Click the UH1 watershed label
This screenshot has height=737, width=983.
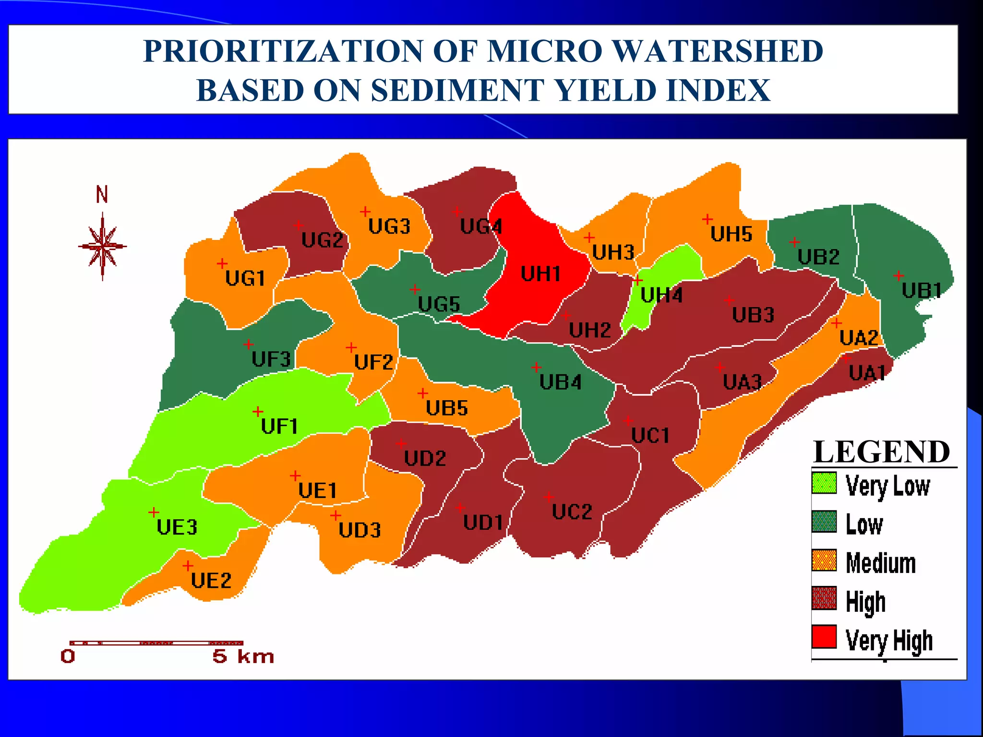pyautogui.click(x=540, y=274)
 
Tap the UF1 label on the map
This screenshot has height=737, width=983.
pyautogui.click(x=279, y=426)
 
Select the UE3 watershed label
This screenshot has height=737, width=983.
pyautogui.click(x=177, y=527)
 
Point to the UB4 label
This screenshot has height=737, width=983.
pyautogui.click(x=560, y=382)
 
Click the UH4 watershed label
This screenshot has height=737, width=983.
pyautogui.click(x=661, y=295)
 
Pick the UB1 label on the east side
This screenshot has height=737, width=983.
pyautogui.click(x=922, y=291)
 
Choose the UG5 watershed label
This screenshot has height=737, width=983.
pyautogui.click(x=439, y=304)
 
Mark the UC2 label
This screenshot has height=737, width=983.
pyautogui.click(x=572, y=512)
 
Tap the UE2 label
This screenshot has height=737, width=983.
pyautogui.click(x=211, y=581)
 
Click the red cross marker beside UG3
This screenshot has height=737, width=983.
pyautogui.click(x=365, y=212)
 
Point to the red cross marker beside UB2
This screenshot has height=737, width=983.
pyautogui.click(x=794, y=242)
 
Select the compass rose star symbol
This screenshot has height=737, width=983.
pyautogui.click(x=102, y=247)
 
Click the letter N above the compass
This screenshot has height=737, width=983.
pyautogui.click(x=102, y=195)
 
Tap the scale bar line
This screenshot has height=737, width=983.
pyautogui.click(x=156, y=643)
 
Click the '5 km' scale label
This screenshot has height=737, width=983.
pyautogui.click(x=243, y=656)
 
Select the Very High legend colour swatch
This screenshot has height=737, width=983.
pyautogui.click(x=824, y=637)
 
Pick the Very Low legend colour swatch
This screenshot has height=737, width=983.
pyautogui.click(x=824, y=483)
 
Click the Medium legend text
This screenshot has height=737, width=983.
pyautogui.click(x=880, y=563)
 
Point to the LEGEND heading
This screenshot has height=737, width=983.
pyautogui.click(x=882, y=452)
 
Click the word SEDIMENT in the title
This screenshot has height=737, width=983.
pyautogui.click(x=458, y=90)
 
